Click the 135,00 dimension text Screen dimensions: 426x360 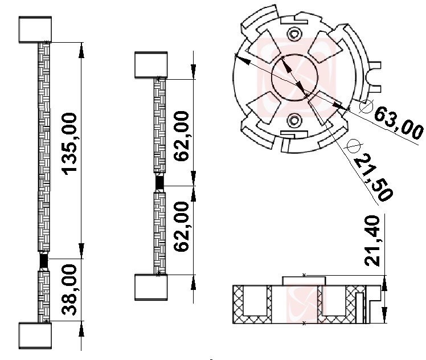(69, 144)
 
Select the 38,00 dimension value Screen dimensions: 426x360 (69, 289)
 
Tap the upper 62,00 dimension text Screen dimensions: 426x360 (181, 136)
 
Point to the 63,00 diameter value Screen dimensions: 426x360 (398, 124)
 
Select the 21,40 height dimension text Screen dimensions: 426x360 (372, 241)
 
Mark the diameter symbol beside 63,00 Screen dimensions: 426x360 (366, 106)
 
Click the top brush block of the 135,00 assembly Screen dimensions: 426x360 (35, 30)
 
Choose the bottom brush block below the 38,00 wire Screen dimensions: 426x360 (35, 336)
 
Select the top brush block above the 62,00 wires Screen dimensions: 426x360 (151, 65)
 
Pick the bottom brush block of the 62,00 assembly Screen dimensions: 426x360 (151, 287)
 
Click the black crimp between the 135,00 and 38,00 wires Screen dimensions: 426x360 (43, 261)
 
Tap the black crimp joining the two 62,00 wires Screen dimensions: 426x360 (159, 183)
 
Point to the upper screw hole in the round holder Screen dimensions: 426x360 (294, 34)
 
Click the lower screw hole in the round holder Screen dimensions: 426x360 (294, 120)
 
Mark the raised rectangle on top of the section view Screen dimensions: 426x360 (304, 281)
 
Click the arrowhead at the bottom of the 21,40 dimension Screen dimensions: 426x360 (384, 315)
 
